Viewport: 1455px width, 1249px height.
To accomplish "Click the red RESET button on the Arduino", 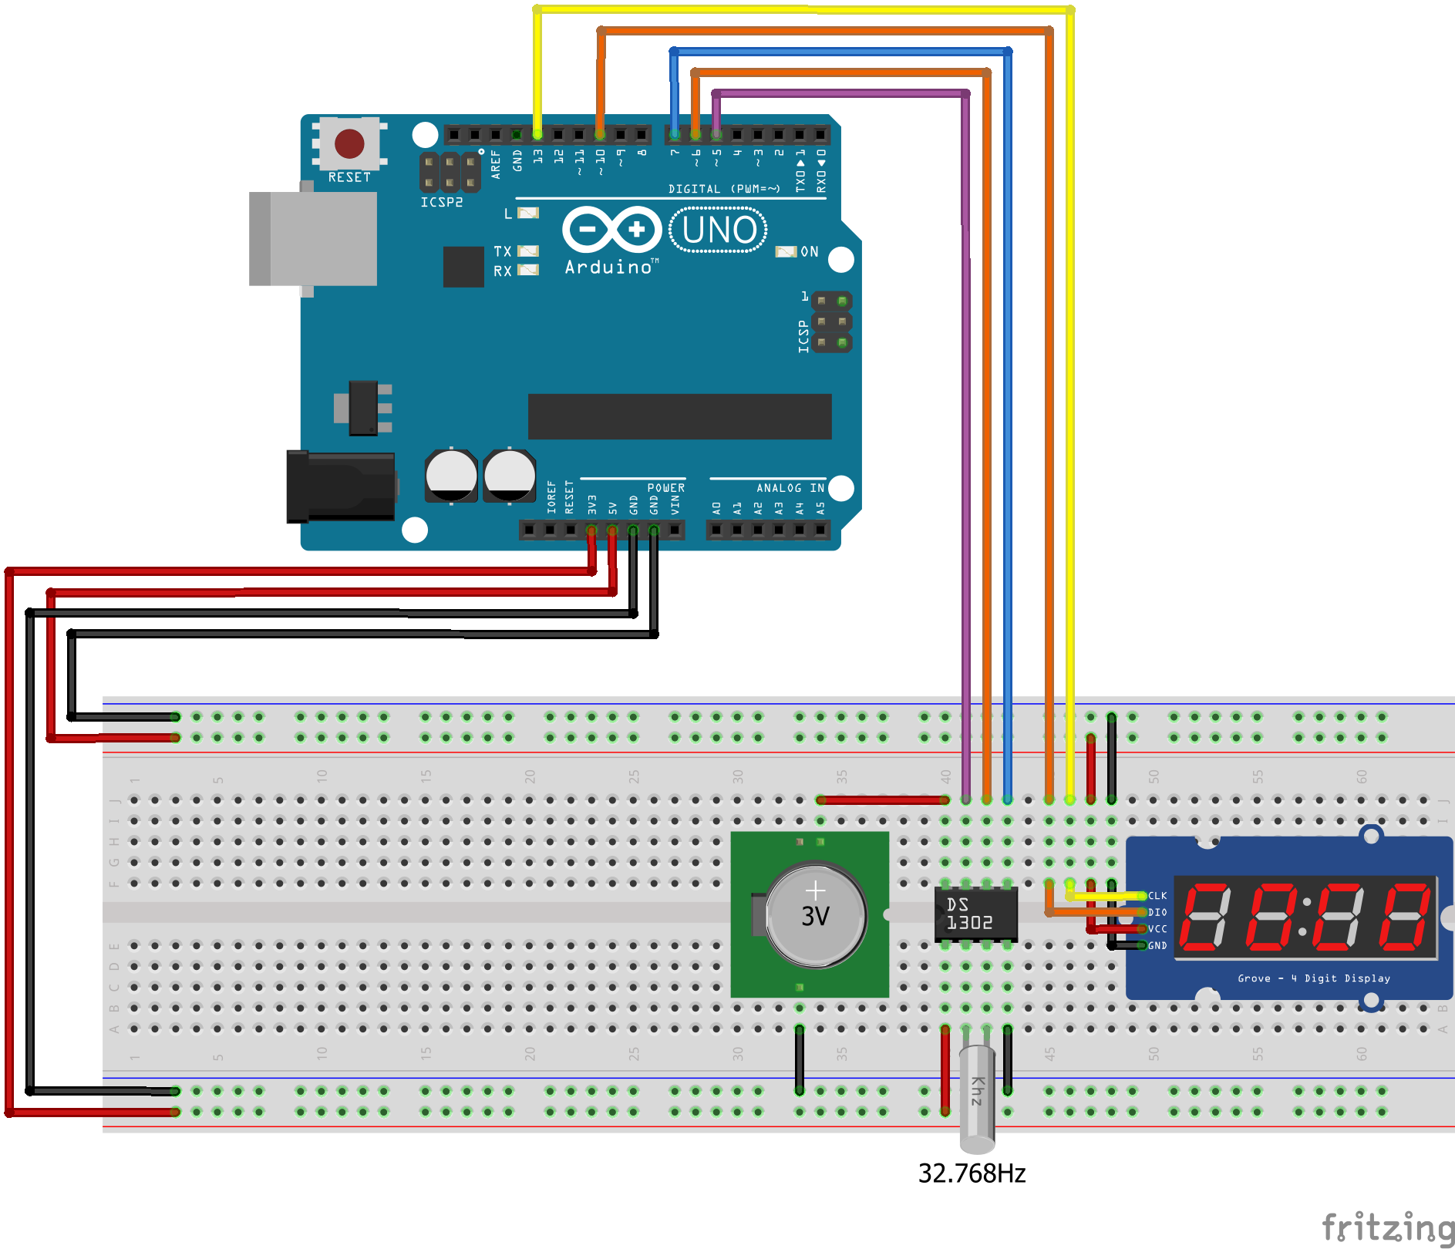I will pyautogui.click(x=349, y=143).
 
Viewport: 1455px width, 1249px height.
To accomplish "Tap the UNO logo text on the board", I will pyautogui.click(x=719, y=230).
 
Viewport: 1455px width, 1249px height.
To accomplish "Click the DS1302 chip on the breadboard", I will pyautogui.click(x=975, y=914).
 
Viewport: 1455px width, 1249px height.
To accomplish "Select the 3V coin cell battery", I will pyautogui.click(x=816, y=915).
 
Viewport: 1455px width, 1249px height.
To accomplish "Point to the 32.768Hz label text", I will pyautogui.click(x=972, y=1173).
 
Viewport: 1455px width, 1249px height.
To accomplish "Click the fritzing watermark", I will pyautogui.click(x=1388, y=1226).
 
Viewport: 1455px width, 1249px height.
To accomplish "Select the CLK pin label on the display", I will pyautogui.click(x=1157, y=896).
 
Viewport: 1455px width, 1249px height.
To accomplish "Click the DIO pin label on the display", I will pyautogui.click(x=1157, y=912).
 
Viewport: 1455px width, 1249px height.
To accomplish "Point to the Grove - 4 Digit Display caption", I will pyautogui.click(x=1314, y=978).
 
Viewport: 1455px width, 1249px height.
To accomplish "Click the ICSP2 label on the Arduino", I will pyautogui.click(x=441, y=202).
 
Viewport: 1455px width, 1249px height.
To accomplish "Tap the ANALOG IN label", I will pyautogui.click(x=790, y=488).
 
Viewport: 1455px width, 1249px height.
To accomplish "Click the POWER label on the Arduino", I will pyautogui.click(x=665, y=488).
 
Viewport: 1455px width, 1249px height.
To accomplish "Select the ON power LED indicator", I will pyautogui.click(x=786, y=252).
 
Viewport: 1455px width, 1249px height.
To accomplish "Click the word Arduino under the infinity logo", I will pyautogui.click(x=608, y=268).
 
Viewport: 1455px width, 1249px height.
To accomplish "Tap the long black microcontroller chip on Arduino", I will pyautogui.click(x=679, y=416).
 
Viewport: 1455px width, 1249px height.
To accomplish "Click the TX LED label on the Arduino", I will pyautogui.click(x=503, y=251).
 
